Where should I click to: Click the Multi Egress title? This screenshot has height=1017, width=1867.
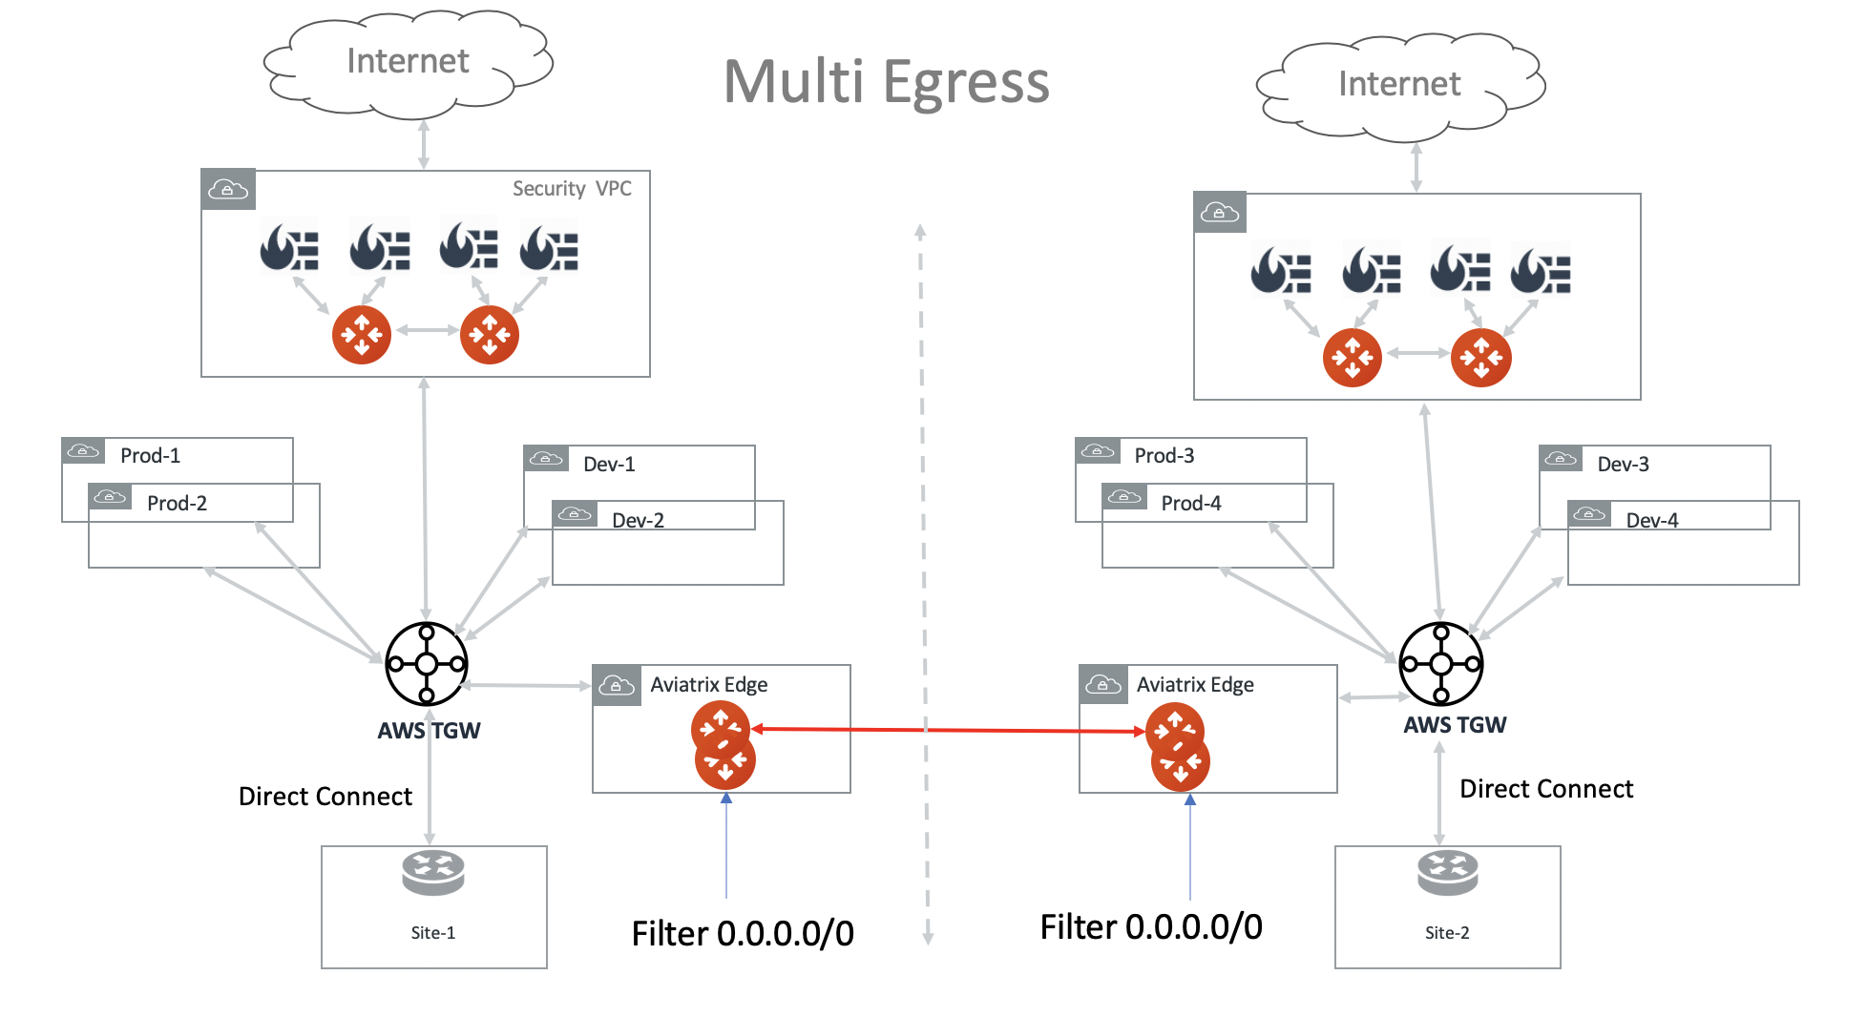(x=886, y=82)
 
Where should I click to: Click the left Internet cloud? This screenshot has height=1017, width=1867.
(x=408, y=62)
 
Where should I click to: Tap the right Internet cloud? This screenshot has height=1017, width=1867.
(x=1398, y=85)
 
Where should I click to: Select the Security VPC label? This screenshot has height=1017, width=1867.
(x=572, y=189)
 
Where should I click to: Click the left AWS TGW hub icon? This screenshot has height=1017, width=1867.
(x=427, y=664)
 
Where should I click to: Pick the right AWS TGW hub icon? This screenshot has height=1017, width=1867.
(x=1440, y=664)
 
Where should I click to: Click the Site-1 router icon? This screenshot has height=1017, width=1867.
(x=432, y=872)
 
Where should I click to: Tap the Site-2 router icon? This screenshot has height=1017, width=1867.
(x=1447, y=872)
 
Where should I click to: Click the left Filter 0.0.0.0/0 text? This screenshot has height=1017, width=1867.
(x=743, y=934)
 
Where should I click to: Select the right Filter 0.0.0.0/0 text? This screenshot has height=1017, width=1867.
(x=1151, y=927)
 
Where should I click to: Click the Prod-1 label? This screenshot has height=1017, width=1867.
(x=150, y=456)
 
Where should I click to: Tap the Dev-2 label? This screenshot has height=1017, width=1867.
(x=638, y=521)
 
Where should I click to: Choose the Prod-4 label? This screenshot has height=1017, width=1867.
(x=1190, y=504)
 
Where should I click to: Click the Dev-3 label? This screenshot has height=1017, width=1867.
(x=1623, y=465)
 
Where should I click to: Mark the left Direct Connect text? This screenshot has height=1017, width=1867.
(x=325, y=797)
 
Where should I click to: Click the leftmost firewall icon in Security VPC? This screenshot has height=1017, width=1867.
(x=289, y=248)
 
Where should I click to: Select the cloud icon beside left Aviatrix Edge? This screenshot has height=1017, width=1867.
(x=616, y=686)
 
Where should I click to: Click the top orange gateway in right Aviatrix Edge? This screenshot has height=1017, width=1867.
(x=1174, y=730)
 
